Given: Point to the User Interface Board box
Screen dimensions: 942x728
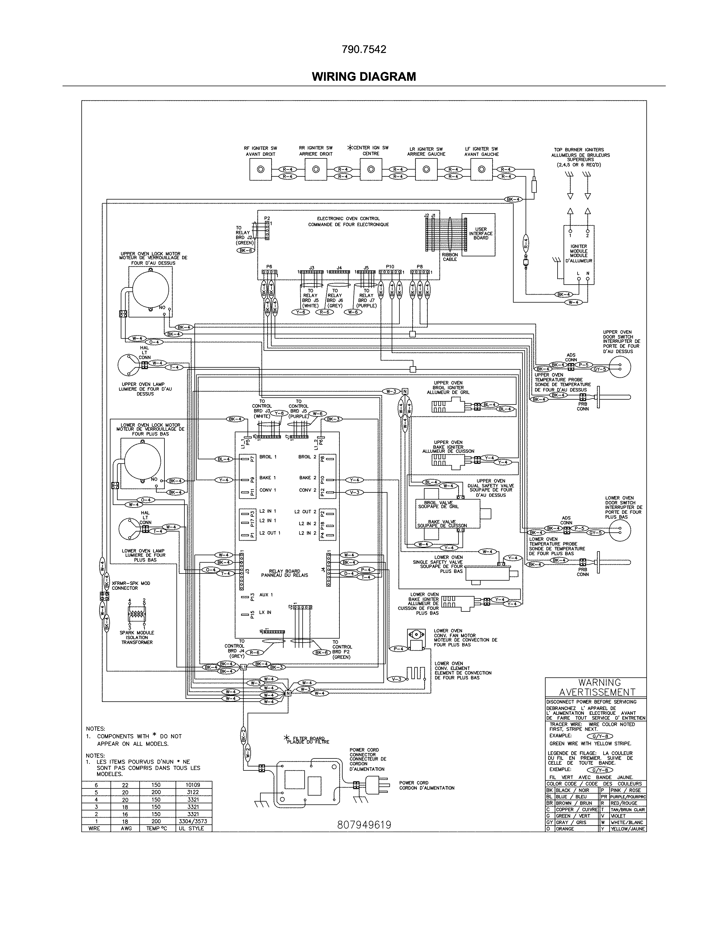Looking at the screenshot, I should point(480,234).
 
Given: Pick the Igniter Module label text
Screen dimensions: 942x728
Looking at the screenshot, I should point(578,253).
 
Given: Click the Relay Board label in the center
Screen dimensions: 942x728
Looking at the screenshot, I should point(284,573).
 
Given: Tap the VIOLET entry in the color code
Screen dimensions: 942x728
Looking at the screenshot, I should point(618,816).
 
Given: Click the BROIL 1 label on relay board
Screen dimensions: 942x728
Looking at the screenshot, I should point(268,457).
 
